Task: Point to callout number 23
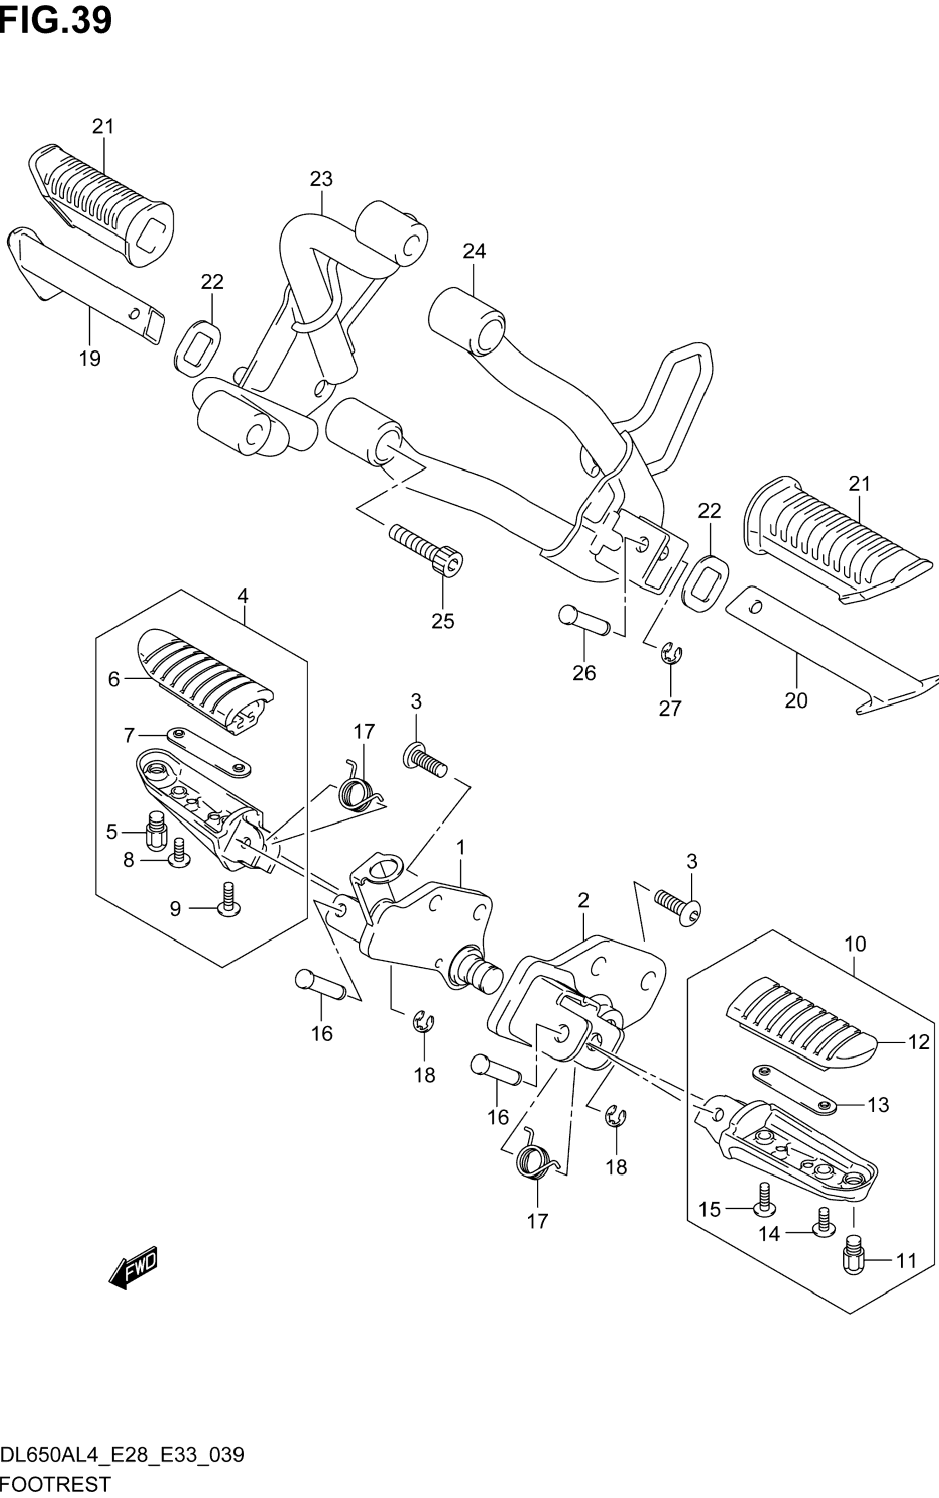321,179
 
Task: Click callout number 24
474,251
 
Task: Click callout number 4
243,596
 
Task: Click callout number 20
796,700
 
